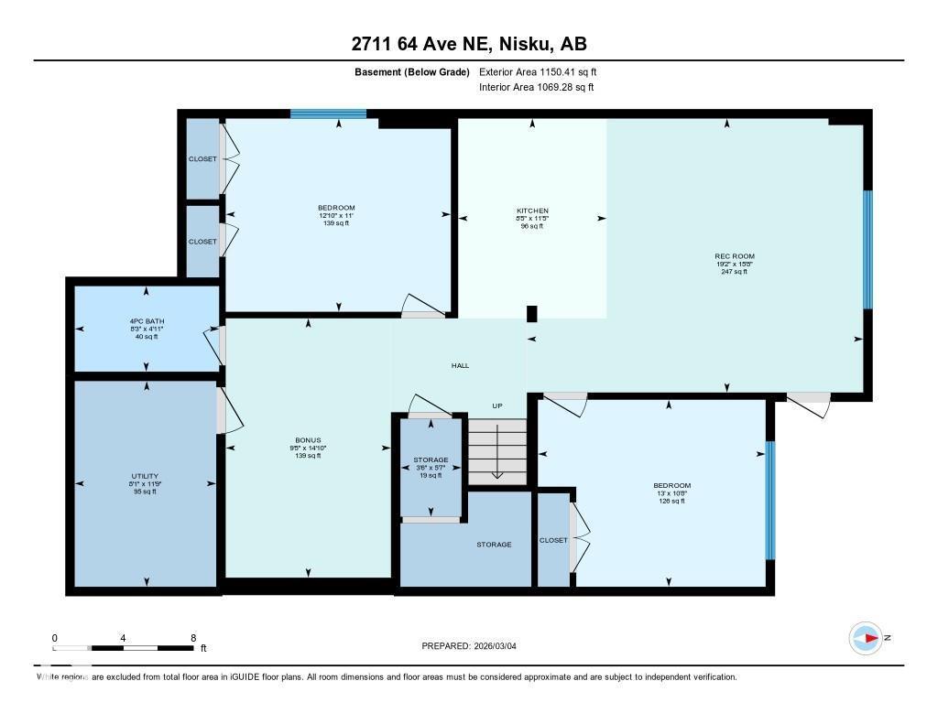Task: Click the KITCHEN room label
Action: tap(532, 211)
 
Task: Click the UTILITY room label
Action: tap(145, 476)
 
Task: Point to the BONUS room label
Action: tap(308, 439)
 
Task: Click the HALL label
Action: tap(460, 365)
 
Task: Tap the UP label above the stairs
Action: tap(497, 405)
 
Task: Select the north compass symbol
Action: tap(866, 638)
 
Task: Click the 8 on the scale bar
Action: tap(192, 638)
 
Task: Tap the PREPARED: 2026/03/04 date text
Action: tap(474, 646)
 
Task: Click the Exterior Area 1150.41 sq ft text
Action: tap(538, 71)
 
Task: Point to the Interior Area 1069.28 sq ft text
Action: tap(536, 88)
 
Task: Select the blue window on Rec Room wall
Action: tap(867, 250)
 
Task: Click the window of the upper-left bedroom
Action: tap(328, 114)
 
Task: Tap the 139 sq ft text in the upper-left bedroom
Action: tap(336, 223)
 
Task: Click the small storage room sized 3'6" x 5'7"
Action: tap(431, 467)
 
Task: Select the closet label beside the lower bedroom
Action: tap(553, 540)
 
